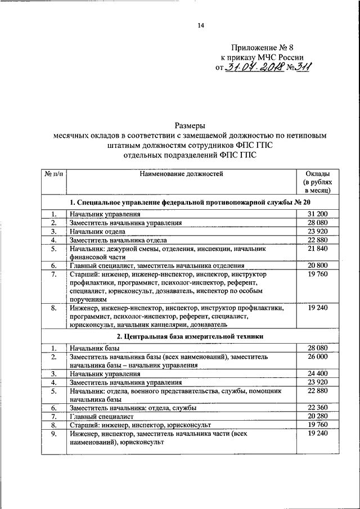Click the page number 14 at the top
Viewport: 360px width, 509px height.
200,25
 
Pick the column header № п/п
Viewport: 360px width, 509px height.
53,174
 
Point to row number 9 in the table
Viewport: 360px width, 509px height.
53,434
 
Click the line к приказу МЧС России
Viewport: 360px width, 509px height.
262,58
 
